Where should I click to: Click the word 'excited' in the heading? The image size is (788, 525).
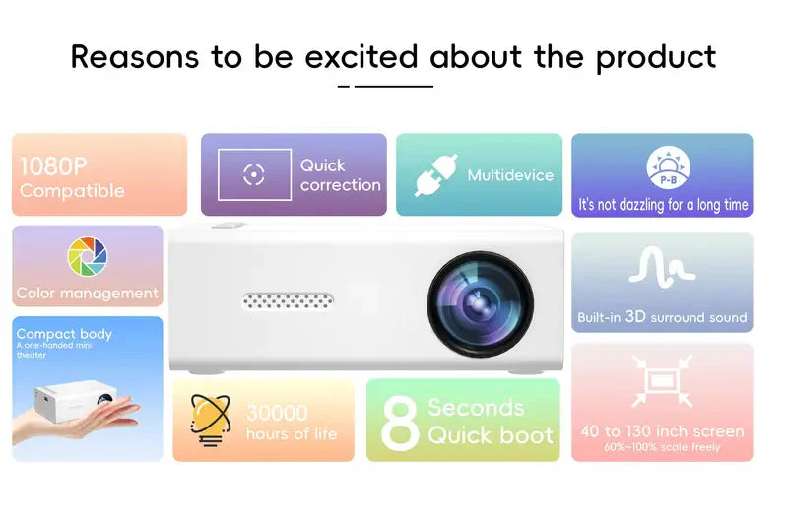coord(361,56)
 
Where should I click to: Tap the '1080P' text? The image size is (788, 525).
coord(53,164)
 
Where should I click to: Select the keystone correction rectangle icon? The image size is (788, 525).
coord(254,175)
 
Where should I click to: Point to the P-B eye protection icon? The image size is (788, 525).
coord(668,169)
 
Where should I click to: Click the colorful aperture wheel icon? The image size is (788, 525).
coord(88,257)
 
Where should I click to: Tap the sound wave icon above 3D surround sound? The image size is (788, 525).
coord(662,266)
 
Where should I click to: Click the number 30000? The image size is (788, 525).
coord(277,413)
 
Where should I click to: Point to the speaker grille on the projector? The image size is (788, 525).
coord(288,299)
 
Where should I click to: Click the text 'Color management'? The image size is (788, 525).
coord(87,293)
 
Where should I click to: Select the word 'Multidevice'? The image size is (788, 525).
coord(510,175)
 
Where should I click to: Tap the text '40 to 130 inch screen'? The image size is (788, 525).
coord(662,431)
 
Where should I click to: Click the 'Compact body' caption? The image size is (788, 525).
coord(64,334)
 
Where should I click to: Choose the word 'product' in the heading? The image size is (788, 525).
coord(655,56)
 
